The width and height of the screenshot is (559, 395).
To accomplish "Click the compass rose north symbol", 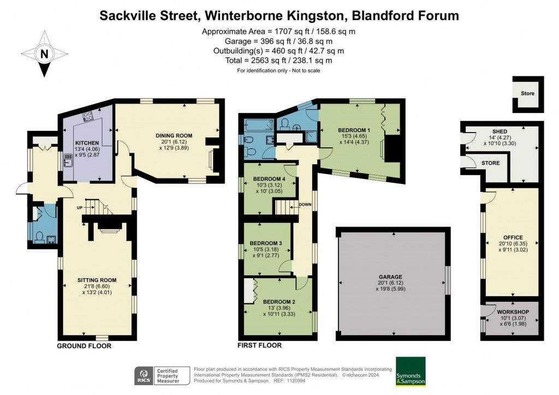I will (x=44, y=53).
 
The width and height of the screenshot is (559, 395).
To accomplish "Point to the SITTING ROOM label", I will (x=97, y=280).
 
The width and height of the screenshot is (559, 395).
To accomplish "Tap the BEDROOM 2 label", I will (x=279, y=301).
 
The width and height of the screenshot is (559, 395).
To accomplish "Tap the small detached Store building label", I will (x=527, y=93).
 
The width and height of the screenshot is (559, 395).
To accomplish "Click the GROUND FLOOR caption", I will (x=84, y=346).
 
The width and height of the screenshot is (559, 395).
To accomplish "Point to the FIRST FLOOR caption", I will (x=260, y=345).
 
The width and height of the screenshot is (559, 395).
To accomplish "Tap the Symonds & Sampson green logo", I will (x=411, y=372).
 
